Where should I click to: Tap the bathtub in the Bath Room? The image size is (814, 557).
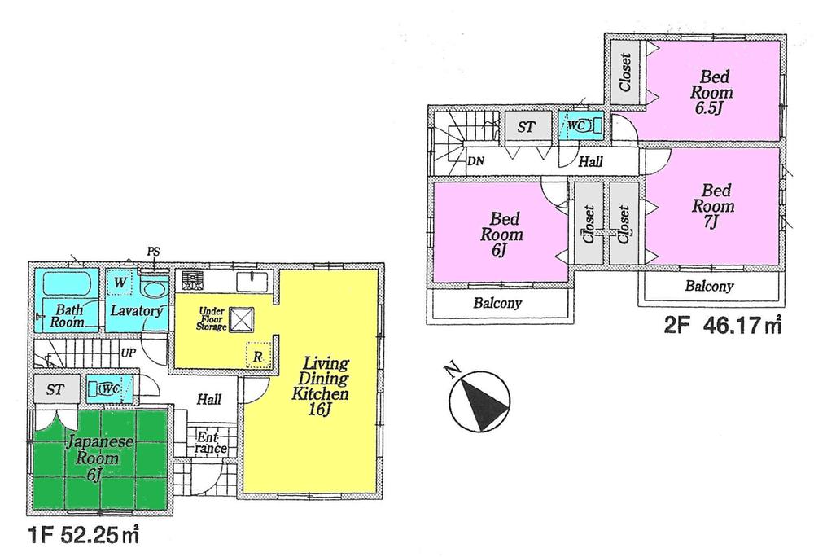tap(61, 286)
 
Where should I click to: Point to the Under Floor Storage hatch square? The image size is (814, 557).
tap(240, 319)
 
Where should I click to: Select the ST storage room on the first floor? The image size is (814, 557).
tap(55, 388)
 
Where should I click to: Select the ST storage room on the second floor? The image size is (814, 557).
tap(526, 126)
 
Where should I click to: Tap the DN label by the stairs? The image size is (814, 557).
tap(476, 160)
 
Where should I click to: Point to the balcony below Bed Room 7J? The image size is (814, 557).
tap(709, 287)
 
